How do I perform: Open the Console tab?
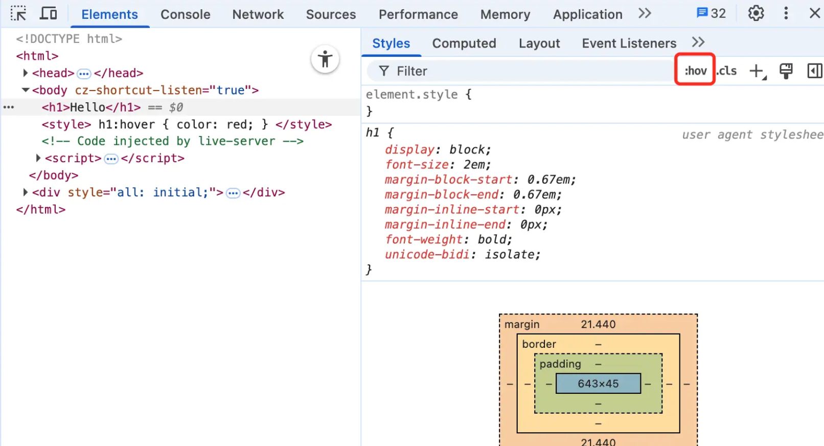(186, 14)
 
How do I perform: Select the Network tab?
(258, 14)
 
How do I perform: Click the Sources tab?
(331, 14)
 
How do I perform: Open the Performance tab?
(418, 14)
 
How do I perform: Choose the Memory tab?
(505, 14)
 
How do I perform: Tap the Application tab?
(587, 14)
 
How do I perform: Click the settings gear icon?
(756, 14)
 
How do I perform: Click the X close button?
(814, 13)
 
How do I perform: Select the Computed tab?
(464, 43)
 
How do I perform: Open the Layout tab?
(539, 43)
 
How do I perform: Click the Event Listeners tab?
(629, 43)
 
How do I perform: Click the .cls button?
(726, 71)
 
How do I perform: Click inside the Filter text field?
(522, 71)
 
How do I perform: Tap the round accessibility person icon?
(325, 59)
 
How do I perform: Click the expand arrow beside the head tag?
(26, 73)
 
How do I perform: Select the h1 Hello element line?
(91, 107)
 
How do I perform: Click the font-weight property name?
(424, 239)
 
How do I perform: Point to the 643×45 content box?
(598, 384)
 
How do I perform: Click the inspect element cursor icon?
(18, 14)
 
